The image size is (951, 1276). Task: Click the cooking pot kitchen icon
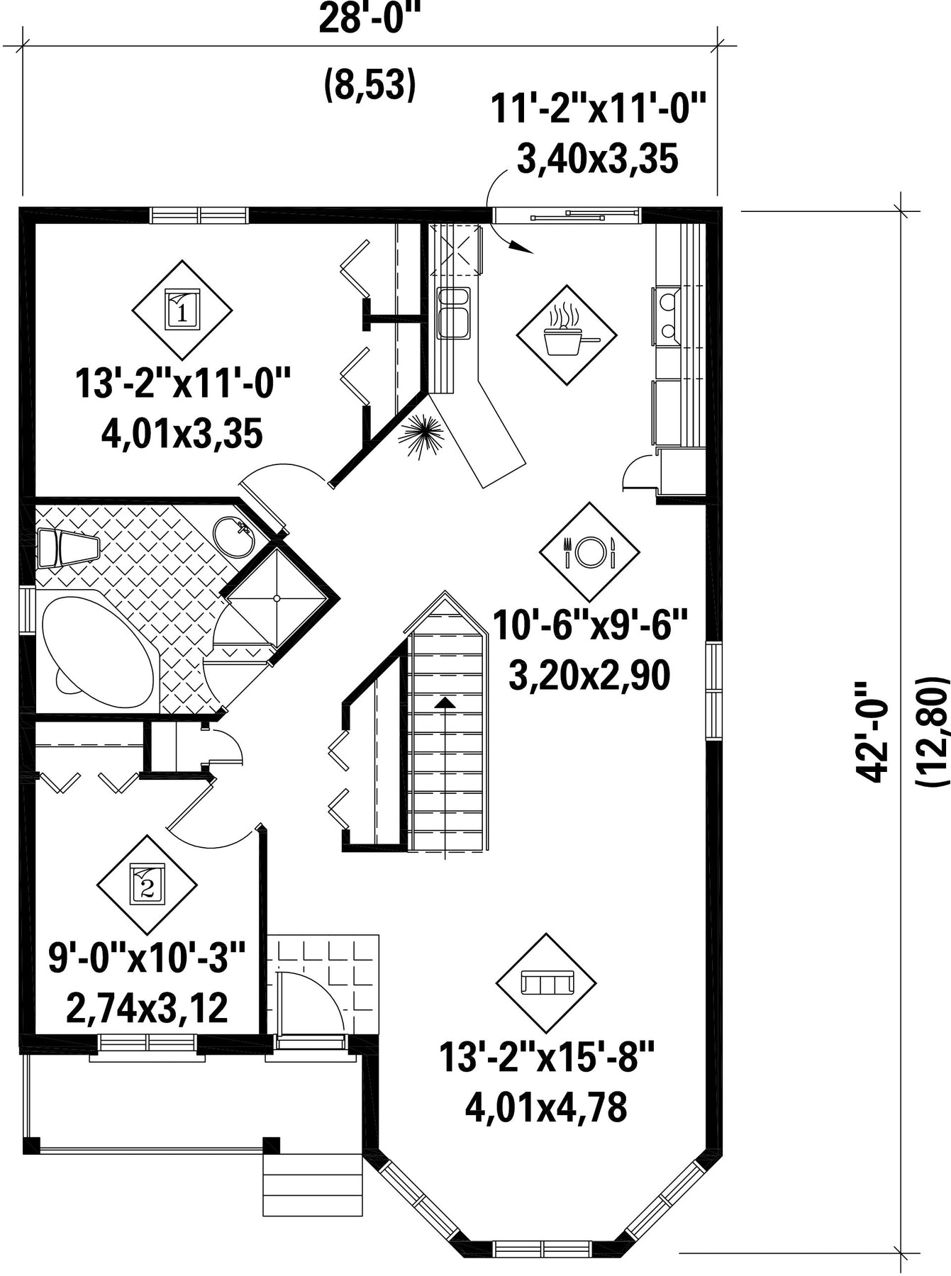(x=567, y=335)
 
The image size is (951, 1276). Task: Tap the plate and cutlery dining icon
(x=589, y=551)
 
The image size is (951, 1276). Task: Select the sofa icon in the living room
(x=546, y=983)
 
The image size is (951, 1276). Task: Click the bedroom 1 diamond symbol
(x=182, y=310)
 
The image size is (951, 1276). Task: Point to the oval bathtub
(x=97, y=649)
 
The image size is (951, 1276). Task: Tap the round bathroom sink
(x=233, y=537)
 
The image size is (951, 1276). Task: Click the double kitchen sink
(x=453, y=313)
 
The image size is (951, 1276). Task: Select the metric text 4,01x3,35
(x=182, y=433)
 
